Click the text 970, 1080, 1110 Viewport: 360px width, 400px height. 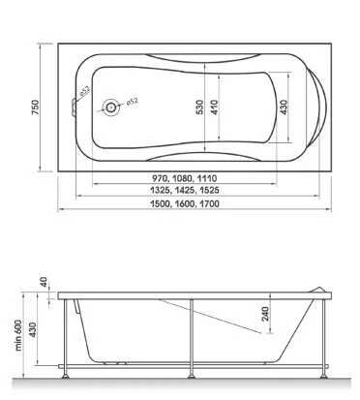[180, 180]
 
